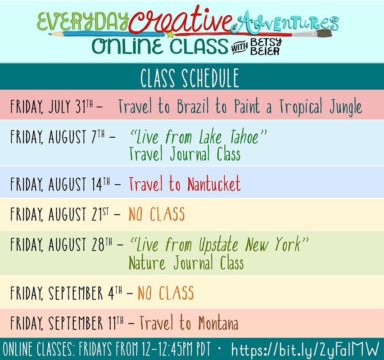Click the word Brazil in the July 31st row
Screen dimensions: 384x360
(x=193, y=106)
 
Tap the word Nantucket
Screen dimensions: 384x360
(x=214, y=184)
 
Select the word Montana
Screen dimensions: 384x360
(x=218, y=323)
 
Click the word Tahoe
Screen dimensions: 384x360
(x=244, y=137)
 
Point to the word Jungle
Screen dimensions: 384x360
(x=346, y=107)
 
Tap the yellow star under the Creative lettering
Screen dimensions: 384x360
(x=170, y=35)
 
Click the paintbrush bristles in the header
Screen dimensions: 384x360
(x=325, y=34)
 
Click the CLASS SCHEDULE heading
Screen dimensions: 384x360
(x=190, y=78)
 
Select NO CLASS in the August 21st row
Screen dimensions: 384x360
(x=157, y=214)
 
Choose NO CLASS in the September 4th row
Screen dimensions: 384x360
(x=166, y=292)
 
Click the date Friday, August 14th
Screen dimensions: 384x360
(x=60, y=184)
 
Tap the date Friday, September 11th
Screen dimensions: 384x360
(x=67, y=323)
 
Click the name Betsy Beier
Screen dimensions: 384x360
(x=266, y=47)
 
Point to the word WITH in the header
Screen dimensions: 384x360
(x=239, y=48)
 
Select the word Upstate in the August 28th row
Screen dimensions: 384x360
(x=218, y=245)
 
